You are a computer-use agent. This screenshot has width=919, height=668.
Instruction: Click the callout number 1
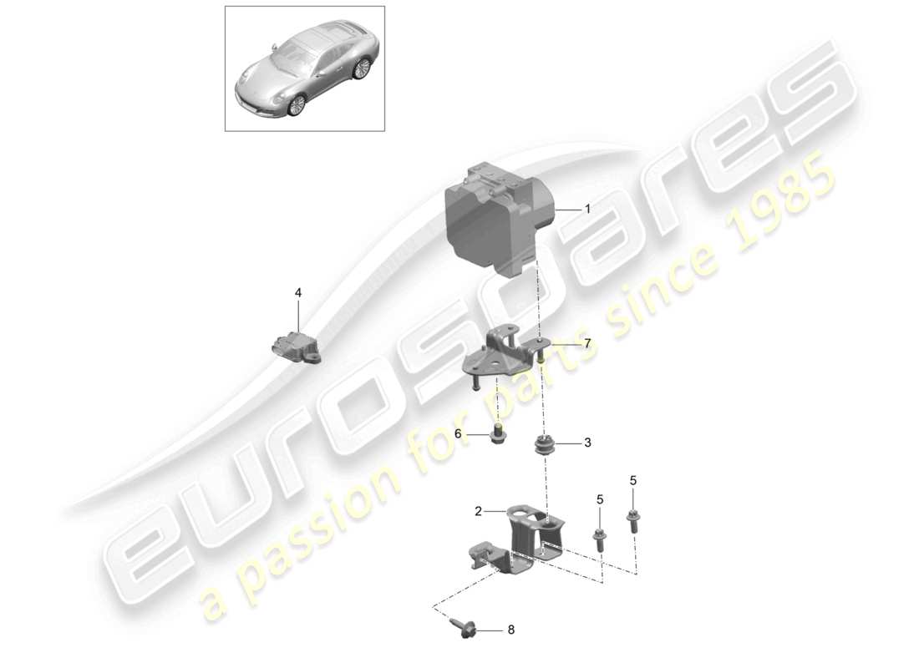pyautogui.click(x=587, y=210)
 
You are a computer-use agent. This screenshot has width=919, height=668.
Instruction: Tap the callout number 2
pyautogui.click(x=478, y=511)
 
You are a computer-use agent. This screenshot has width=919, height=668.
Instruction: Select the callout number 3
pyautogui.click(x=587, y=443)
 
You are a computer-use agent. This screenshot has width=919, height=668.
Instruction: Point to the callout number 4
pyautogui.click(x=297, y=293)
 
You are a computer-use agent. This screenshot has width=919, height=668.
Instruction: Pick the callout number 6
pyautogui.click(x=458, y=433)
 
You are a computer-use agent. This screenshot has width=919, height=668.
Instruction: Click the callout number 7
pyautogui.click(x=587, y=343)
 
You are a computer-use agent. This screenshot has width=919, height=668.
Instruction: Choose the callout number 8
pyautogui.click(x=512, y=631)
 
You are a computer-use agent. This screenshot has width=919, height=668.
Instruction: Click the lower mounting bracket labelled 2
pyautogui.click(x=518, y=543)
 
